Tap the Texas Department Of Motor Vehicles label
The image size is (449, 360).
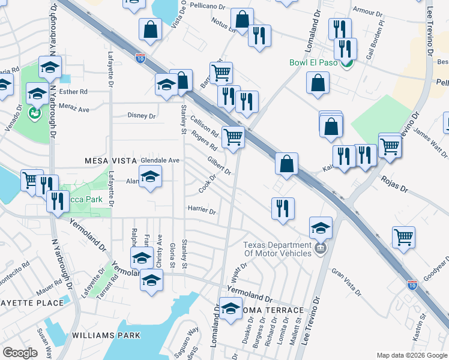pos(278,249)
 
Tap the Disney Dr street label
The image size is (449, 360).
pos(142,115)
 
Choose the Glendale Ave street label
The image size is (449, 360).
pos(160,161)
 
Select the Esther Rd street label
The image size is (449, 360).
pos(74,92)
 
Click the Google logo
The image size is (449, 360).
pos(20,353)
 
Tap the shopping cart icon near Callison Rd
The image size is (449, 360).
pos(233,136)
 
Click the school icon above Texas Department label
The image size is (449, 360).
pos(321,227)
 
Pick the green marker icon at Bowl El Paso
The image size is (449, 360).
pos(346,62)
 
